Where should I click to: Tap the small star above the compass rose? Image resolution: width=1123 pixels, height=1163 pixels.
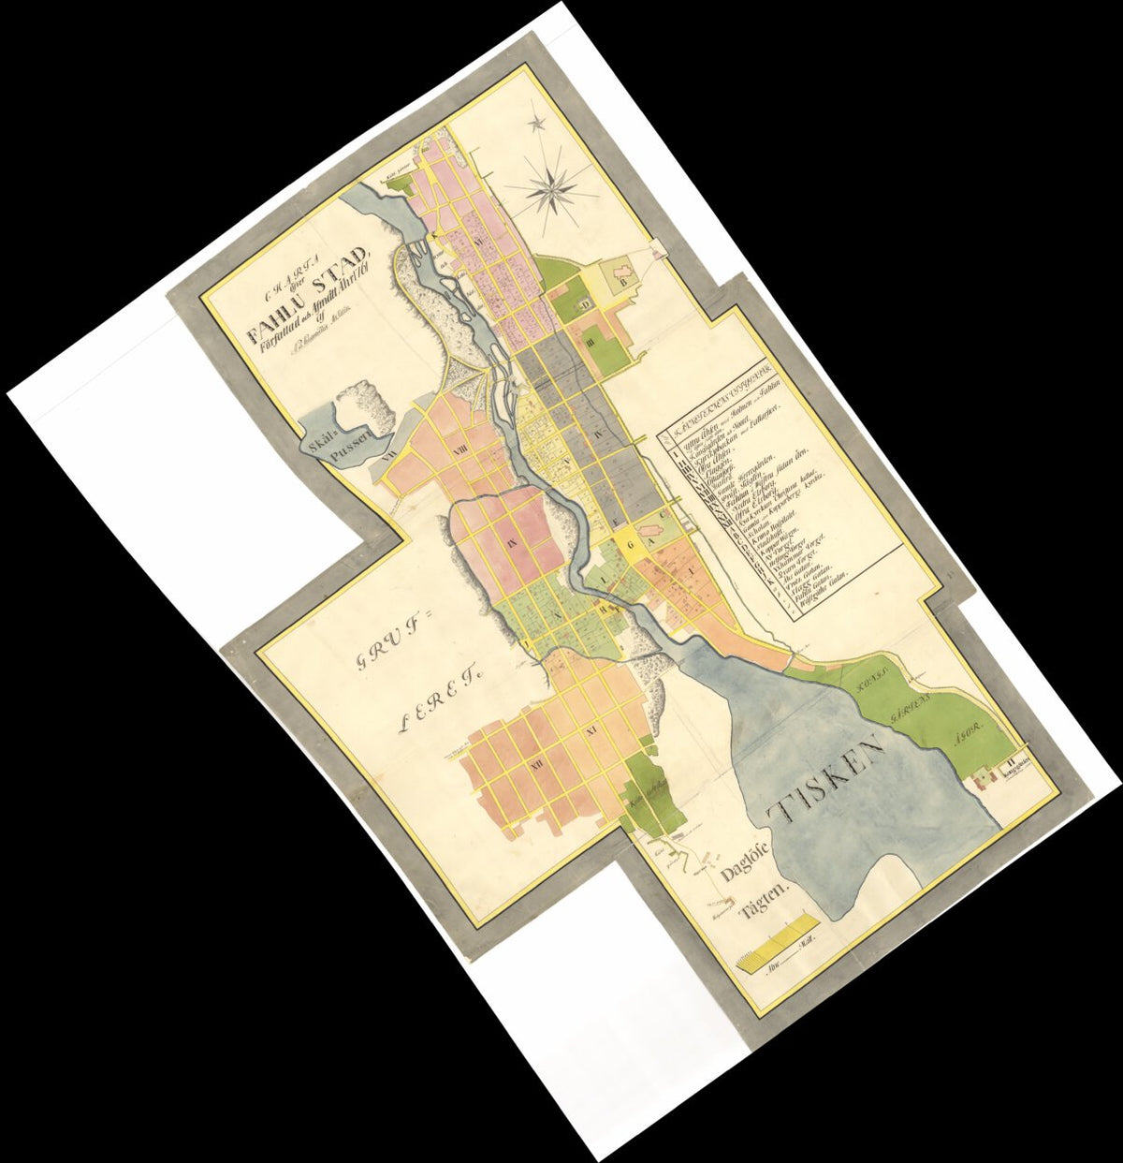(x=538, y=123)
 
